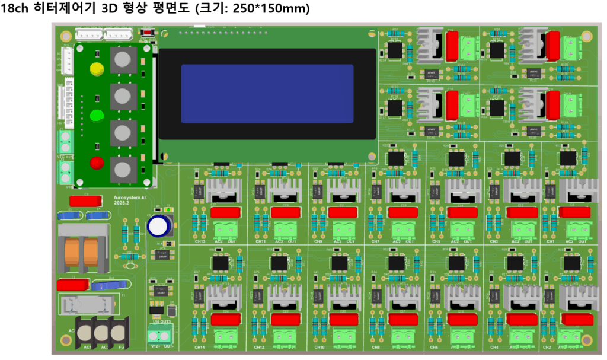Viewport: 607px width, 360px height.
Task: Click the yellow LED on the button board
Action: pyautogui.click(x=95, y=68)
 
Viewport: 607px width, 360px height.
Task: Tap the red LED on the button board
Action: pyautogui.click(x=96, y=162)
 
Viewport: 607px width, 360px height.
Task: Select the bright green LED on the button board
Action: pyautogui.click(x=96, y=114)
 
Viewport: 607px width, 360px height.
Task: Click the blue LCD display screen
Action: pyautogui.click(x=267, y=94)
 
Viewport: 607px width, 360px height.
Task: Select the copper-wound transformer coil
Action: pyautogui.click(x=83, y=252)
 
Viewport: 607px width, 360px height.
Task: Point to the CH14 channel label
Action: pyautogui.click(x=199, y=347)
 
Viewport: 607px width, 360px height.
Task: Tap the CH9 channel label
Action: pyautogui.click(x=318, y=241)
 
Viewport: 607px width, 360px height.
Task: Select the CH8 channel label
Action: pyautogui.click(x=376, y=347)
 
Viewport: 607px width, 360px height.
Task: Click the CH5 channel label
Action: pyautogui.click(x=436, y=241)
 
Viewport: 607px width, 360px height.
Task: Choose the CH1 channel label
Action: pyautogui.click(x=550, y=241)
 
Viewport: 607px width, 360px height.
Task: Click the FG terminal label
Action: pyautogui.click(x=122, y=346)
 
